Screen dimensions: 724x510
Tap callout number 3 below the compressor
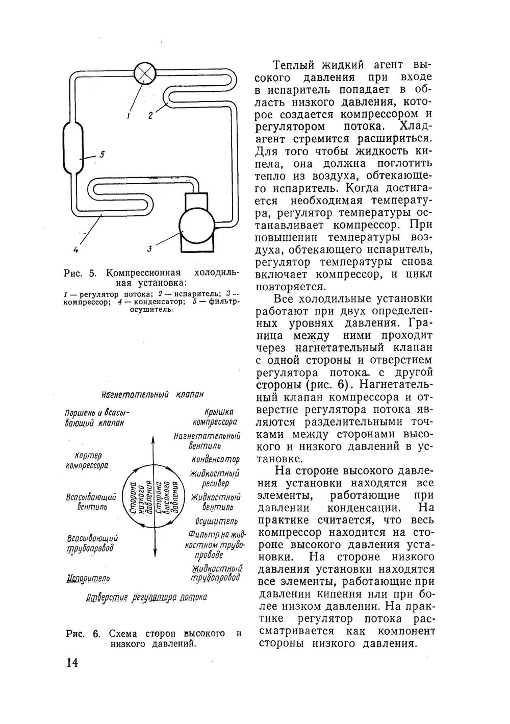(149, 249)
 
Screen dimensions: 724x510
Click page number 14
(71, 663)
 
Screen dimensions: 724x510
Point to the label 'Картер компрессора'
(87, 460)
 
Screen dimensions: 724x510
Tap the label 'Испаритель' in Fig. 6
(88, 578)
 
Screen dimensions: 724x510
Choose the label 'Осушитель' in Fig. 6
(216, 521)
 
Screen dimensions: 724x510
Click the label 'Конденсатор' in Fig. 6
(215, 459)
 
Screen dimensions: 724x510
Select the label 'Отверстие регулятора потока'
(146, 597)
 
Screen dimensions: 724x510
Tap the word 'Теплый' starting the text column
(292, 65)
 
